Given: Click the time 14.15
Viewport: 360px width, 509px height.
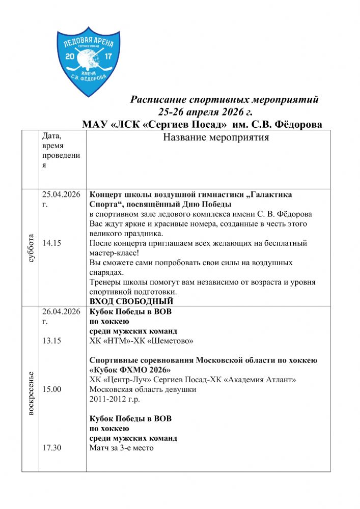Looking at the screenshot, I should point(52,243).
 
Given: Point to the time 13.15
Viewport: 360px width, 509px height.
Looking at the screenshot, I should point(52,341).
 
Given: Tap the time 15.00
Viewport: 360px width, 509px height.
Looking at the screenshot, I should point(52,390).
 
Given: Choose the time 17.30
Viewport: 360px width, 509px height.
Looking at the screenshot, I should point(52,448).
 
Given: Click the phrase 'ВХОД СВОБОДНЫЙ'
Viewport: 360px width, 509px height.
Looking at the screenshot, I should point(131,302).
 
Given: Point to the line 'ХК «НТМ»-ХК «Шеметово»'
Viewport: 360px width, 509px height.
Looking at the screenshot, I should point(141,341).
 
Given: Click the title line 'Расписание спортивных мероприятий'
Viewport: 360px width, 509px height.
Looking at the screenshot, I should point(225,99).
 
